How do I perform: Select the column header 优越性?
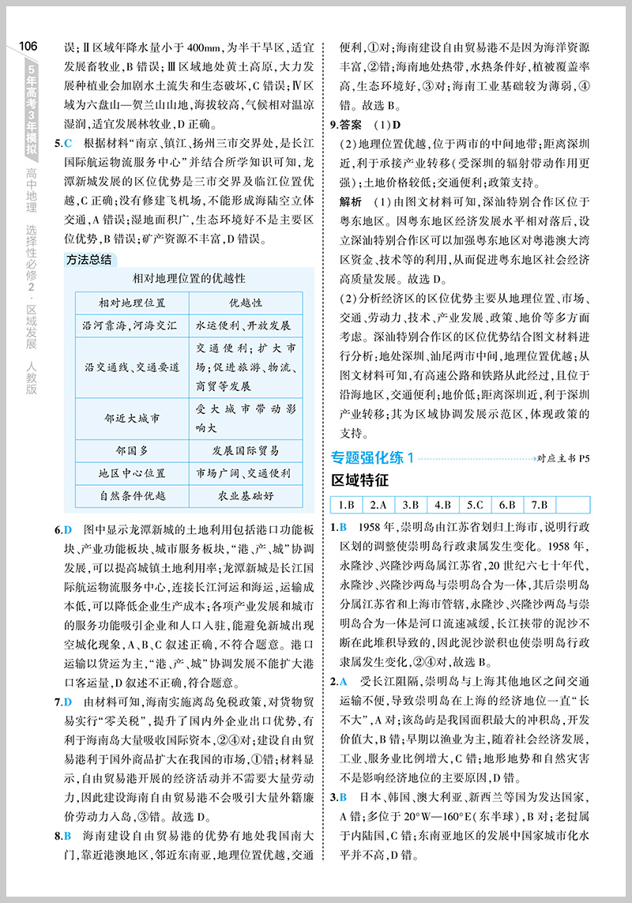[x=246, y=303]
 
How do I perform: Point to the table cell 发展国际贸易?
[x=246, y=451]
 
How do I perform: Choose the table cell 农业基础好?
[x=246, y=496]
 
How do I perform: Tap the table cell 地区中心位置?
[x=132, y=473]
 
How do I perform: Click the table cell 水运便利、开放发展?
[x=246, y=325]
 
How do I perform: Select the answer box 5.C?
[x=475, y=505]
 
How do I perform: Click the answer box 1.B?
[x=345, y=505]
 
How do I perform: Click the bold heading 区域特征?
[x=360, y=480]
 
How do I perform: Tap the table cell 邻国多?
[x=132, y=451]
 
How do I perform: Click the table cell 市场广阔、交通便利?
[x=246, y=473]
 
